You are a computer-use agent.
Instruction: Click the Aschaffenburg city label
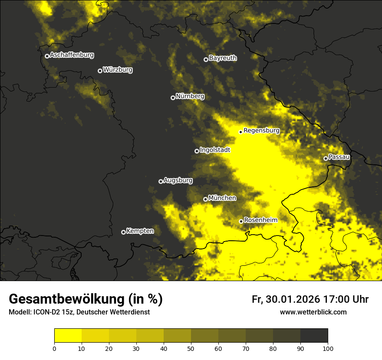pos(72,55)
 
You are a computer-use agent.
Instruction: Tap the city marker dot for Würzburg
pos(100,71)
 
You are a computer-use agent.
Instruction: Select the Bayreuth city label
pos(223,58)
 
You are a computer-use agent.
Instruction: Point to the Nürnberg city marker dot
pos(173,98)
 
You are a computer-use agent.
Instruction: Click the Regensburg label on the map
pos(261,131)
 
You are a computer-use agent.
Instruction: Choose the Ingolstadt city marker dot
pos(197,151)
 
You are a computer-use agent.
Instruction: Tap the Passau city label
pos(339,157)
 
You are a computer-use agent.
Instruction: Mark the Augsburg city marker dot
pos(161,181)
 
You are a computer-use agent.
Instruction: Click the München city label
pos(222,198)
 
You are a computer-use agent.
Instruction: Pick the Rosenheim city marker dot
pos(241,221)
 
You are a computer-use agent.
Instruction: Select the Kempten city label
pos(140,231)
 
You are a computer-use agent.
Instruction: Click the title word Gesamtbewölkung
pos(68,299)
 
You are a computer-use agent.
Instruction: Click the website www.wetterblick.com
pos(313,312)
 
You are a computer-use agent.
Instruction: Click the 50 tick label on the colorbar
pos(191,348)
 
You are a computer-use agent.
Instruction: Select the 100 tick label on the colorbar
pos(328,348)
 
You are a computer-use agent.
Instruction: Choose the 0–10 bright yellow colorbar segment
pos(68,336)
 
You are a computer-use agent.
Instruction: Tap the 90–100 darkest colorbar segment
pos(314,336)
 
